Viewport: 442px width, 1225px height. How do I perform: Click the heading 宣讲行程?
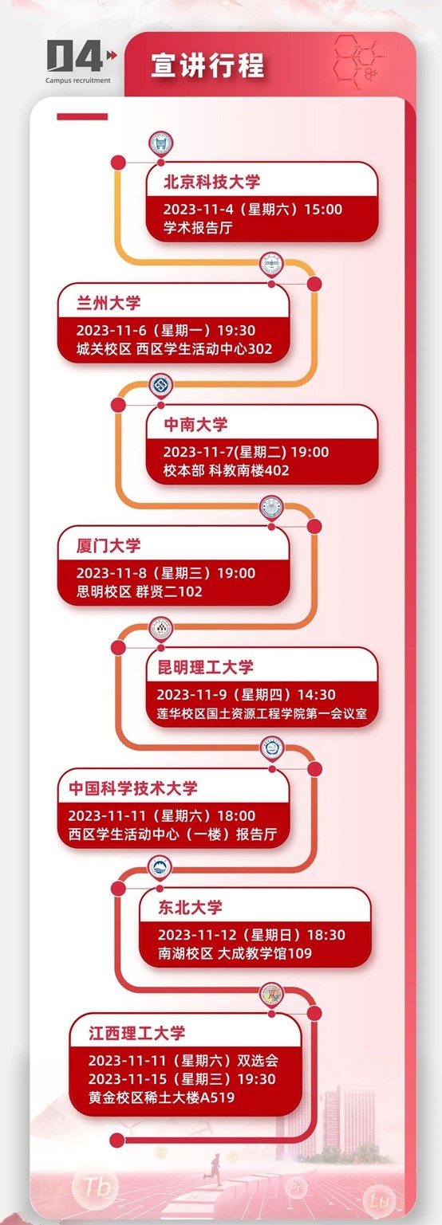[207, 65]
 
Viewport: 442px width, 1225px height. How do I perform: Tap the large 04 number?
[74, 56]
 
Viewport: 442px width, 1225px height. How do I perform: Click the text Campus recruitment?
[77, 80]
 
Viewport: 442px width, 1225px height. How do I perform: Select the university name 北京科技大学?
[211, 182]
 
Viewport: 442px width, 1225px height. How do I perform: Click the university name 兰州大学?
[109, 304]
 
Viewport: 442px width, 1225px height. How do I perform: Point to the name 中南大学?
[195, 424]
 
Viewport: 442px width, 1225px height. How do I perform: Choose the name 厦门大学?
[109, 546]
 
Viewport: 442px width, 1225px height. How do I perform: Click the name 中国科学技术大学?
[133, 788]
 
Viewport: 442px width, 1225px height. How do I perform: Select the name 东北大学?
[190, 908]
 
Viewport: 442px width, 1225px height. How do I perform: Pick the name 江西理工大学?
[137, 1033]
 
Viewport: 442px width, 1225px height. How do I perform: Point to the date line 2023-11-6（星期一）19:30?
[166, 330]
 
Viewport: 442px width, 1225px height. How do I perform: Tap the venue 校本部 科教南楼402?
[227, 470]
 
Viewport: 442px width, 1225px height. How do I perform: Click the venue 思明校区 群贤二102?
[139, 591]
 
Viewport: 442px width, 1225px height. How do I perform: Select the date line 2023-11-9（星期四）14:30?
[246, 694]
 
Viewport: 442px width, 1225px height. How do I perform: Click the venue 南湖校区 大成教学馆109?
[235, 954]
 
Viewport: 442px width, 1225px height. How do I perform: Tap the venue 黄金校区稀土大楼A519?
[162, 1097]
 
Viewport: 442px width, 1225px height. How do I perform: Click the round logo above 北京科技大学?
[161, 143]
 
